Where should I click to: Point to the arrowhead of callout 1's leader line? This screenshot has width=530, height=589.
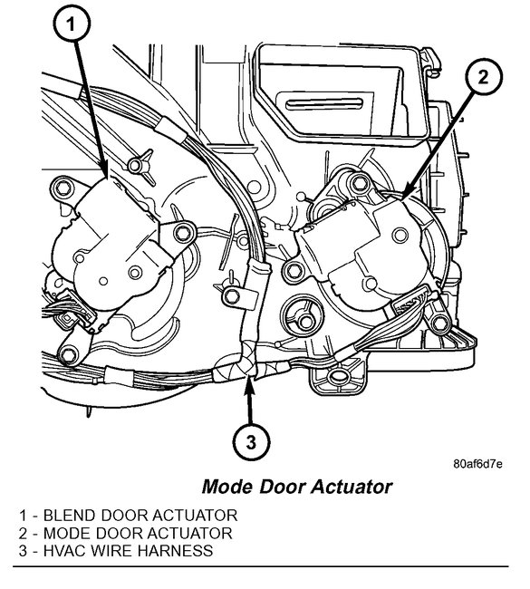(x=107, y=174)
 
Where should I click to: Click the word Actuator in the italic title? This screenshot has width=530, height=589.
(x=352, y=487)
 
